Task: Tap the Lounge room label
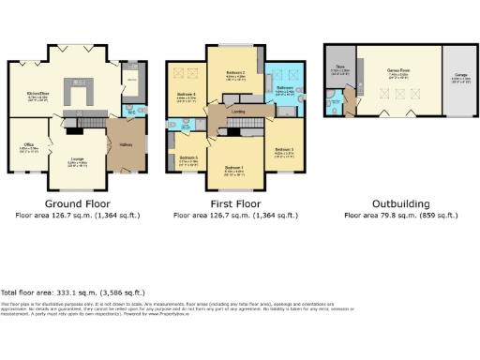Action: (x=77, y=159)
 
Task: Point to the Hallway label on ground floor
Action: (x=126, y=145)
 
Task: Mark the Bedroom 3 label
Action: (x=285, y=150)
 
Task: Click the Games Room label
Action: (x=397, y=68)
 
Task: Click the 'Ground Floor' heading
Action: (x=78, y=203)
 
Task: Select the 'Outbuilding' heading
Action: (x=400, y=203)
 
